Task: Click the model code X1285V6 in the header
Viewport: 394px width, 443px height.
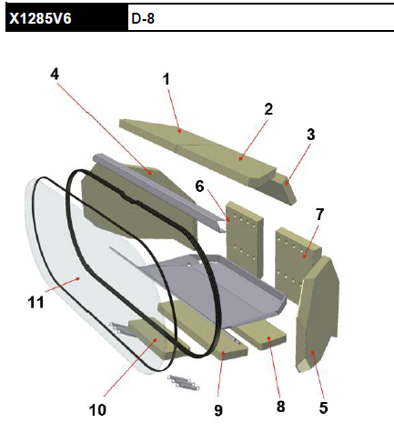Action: coord(40,18)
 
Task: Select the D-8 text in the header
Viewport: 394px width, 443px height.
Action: coord(143,19)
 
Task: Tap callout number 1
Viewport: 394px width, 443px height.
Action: coord(166,79)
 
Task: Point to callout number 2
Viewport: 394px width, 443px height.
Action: coord(268,109)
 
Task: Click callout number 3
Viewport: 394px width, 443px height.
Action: coord(310,135)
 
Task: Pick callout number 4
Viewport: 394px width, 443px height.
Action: coord(55,74)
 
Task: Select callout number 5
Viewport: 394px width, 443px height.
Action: coord(323,408)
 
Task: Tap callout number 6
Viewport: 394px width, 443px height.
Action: coord(199,186)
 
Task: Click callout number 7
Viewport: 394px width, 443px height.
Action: coord(319,215)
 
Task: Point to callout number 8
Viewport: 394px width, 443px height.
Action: coord(281,407)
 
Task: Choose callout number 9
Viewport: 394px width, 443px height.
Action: coord(218,410)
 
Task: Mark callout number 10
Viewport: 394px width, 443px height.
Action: coord(97,410)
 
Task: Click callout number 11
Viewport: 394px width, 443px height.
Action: coord(35,302)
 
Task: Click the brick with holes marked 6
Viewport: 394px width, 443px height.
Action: coord(245,239)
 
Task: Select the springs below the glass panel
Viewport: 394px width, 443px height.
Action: coord(184,382)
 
